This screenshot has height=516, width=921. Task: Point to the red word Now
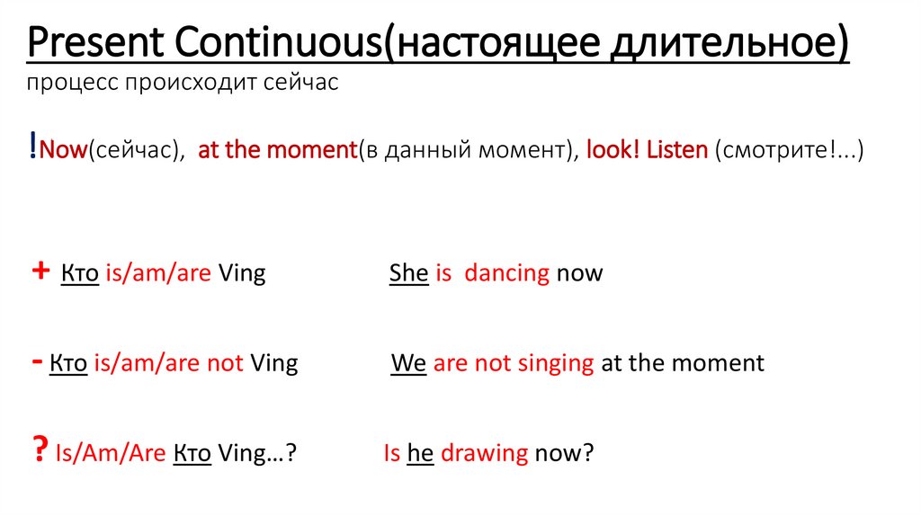[62, 150]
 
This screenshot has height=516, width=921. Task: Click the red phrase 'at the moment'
[277, 150]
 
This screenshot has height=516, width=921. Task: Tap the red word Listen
[674, 150]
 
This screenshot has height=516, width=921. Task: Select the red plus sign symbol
[39, 272]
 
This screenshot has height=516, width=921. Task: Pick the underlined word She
[408, 273]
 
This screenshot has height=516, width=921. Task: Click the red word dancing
[506, 273]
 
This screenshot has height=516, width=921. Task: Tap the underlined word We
[409, 363]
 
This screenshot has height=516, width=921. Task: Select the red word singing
[551, 363]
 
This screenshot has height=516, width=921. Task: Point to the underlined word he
[421, 453]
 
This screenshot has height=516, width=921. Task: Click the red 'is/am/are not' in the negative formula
[168, 363]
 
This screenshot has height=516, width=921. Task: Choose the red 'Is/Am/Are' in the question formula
[109, 453]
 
